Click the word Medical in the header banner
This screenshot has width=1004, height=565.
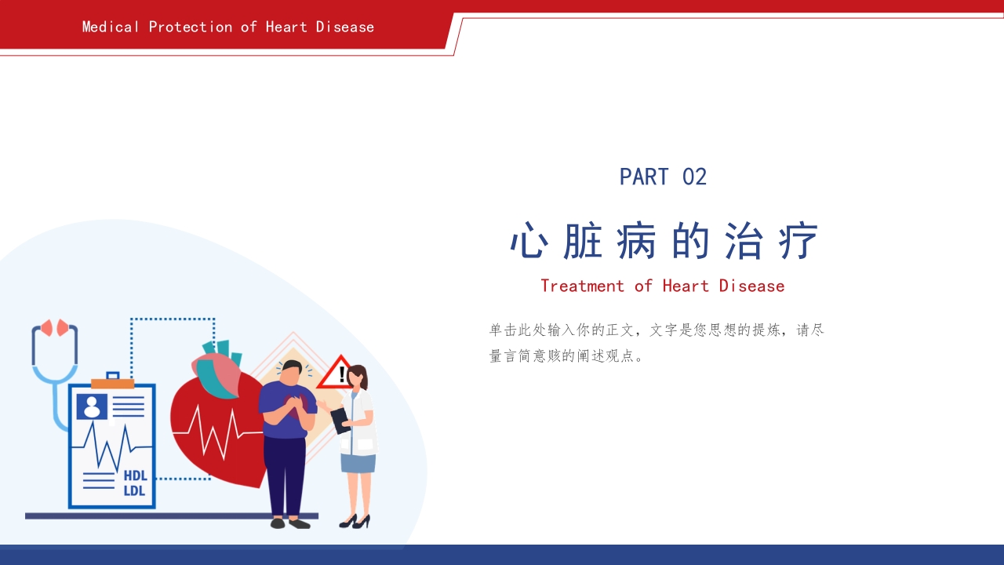111,27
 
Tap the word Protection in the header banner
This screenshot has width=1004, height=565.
191,27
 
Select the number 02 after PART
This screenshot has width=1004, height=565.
694,177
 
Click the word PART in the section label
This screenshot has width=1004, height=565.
644,177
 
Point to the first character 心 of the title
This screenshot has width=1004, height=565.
528,241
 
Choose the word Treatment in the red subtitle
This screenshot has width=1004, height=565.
582,286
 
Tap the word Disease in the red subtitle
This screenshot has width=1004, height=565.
751,286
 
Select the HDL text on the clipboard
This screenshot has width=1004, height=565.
135,476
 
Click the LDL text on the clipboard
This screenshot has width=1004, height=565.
135,491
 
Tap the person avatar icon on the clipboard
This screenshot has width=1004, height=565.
92,406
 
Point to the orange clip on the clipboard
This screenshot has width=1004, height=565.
112,383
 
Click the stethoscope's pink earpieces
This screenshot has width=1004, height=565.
55,327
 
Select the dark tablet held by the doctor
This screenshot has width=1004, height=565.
340,421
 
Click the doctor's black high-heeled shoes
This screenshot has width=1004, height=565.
355,521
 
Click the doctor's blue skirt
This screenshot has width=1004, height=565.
358,462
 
